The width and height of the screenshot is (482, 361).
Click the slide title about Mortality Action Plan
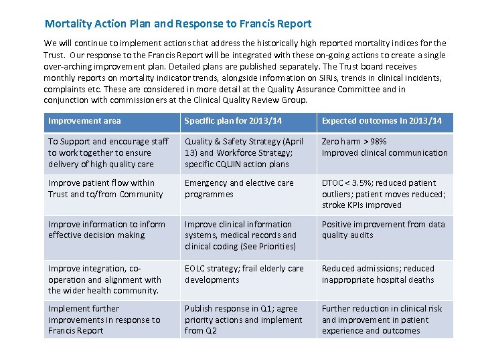(x=178, y=24)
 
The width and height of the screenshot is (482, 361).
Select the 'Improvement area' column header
(x=84, y=121)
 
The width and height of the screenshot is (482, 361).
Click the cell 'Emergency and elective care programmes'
(x=239, y=189)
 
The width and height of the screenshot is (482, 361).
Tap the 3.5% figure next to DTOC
(x=366, y=183)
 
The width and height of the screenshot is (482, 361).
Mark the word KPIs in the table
(x=358, y=205)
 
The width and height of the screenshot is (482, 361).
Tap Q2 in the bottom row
(x=211, y=331)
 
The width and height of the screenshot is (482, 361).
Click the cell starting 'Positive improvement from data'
(x=383, y=230)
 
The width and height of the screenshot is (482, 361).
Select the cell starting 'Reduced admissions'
(x=378, y=274)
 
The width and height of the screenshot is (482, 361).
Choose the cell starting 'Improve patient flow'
(x=105, y=189)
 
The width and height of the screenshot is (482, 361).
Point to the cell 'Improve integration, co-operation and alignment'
(x=104, y=279)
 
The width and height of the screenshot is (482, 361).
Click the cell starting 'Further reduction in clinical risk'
(x=382, y=320)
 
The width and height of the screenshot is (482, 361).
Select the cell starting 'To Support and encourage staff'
(x=108, y=153)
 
